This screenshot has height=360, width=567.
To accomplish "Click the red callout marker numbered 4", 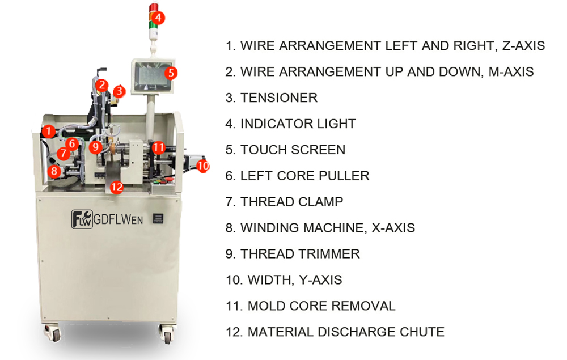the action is pos(158,18).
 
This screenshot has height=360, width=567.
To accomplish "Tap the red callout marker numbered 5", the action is pos(171,73).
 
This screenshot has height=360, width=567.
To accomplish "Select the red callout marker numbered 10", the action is pos(203,166).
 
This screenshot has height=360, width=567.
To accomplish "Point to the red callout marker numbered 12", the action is pos(116,187).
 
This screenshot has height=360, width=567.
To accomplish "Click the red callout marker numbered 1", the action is pos(48,131).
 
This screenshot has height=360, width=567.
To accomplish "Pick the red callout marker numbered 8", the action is pos(54,171).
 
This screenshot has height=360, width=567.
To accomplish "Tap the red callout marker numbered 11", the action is pos(158,147).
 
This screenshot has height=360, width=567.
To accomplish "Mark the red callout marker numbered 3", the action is pos(119,91).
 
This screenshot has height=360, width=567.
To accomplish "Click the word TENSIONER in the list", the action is pos(279,98).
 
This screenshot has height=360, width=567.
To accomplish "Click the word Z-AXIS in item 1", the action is pos(523,45).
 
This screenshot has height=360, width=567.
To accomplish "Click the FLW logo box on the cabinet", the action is pos(82,219).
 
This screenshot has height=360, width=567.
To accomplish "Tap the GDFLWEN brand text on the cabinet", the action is pos(119,219).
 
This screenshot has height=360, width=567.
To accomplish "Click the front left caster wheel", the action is pos(53,333).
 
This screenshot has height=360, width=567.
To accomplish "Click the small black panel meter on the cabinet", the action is pos(158,218).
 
